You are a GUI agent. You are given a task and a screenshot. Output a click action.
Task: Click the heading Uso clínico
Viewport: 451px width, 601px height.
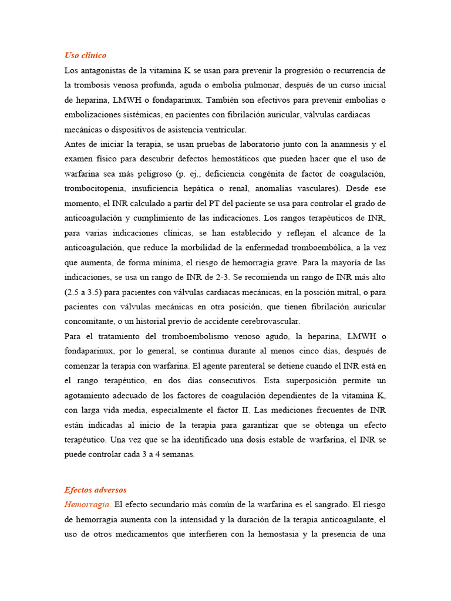point(85,56)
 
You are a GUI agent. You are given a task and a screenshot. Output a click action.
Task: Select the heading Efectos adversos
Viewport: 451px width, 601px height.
point(95,490)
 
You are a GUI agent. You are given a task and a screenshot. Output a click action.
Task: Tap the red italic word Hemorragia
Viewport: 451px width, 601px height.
point(87,505)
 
